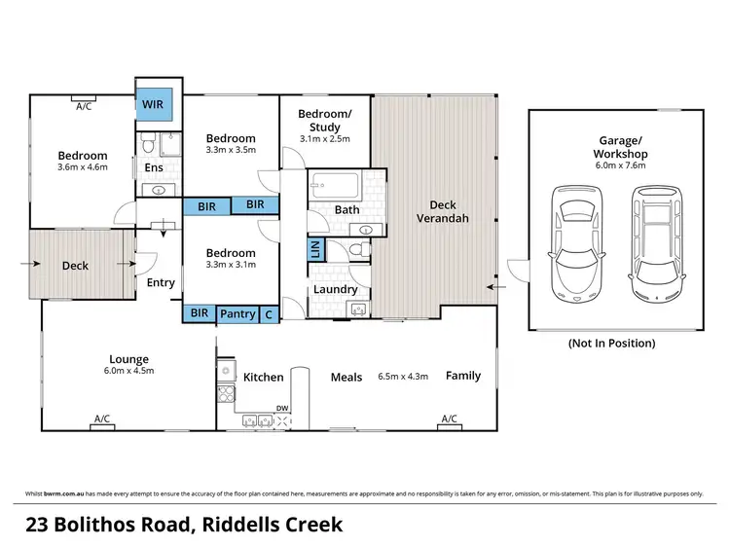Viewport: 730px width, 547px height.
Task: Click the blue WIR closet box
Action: pos(153,102)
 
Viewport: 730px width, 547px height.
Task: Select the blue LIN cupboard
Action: pos(315,249)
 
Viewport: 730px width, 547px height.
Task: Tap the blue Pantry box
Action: pos(237,313)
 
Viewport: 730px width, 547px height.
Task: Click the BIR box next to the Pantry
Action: pos(199,313)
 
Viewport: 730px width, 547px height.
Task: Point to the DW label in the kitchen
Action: pos(282,408)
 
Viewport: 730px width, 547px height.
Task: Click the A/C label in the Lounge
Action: pos(101,419)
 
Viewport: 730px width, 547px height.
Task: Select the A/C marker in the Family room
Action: pos(449,419)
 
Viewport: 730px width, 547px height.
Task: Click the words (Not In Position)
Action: pos(611,343)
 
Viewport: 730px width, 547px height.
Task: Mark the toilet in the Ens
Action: pos(146,147)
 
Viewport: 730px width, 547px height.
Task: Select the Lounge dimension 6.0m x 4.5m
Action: pos(128,370)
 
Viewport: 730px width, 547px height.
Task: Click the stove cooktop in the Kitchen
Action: pos(225,394)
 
